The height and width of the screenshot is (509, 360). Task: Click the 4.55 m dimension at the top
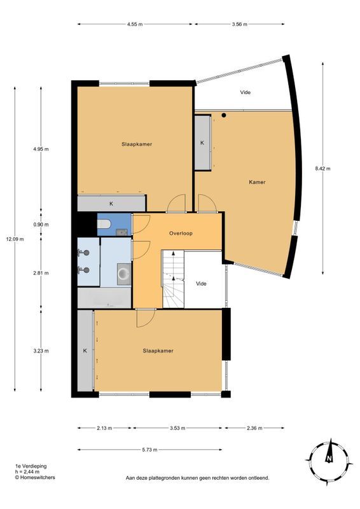134,24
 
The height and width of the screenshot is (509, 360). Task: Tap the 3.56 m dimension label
239,24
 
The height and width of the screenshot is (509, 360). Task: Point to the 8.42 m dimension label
322,169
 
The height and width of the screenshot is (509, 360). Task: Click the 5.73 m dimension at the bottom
150,449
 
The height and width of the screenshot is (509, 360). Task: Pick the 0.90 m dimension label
41,224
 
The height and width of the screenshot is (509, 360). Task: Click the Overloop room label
181,234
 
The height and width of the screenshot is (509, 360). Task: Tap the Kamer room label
257,182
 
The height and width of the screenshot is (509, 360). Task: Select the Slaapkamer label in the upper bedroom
137,144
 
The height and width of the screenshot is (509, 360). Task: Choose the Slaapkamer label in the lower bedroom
158,351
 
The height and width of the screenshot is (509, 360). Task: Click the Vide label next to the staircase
202,284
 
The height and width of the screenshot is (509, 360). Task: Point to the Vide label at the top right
245,92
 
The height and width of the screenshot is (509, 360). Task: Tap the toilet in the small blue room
106,224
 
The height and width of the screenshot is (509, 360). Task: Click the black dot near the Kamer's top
224,115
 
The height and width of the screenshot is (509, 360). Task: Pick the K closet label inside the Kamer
202,143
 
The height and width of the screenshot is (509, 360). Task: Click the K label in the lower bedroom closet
85,351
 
